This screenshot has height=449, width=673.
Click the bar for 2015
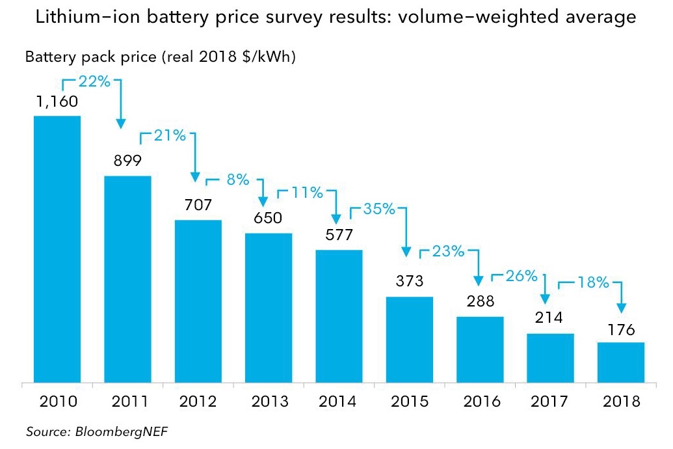(410, 339)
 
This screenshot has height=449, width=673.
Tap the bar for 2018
(621, 362)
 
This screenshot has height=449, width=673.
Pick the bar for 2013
(269, 307)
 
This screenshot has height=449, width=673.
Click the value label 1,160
(57, 102)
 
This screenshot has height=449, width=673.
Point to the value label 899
(127, 161)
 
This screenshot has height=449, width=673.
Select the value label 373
(410, 281)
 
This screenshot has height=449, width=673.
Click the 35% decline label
(379, 209)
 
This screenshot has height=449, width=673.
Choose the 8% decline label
(237, 180)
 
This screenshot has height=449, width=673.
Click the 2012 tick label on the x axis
(198, 401)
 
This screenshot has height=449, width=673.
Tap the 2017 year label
(551, 401)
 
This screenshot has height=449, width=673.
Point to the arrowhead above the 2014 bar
(336, 218)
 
